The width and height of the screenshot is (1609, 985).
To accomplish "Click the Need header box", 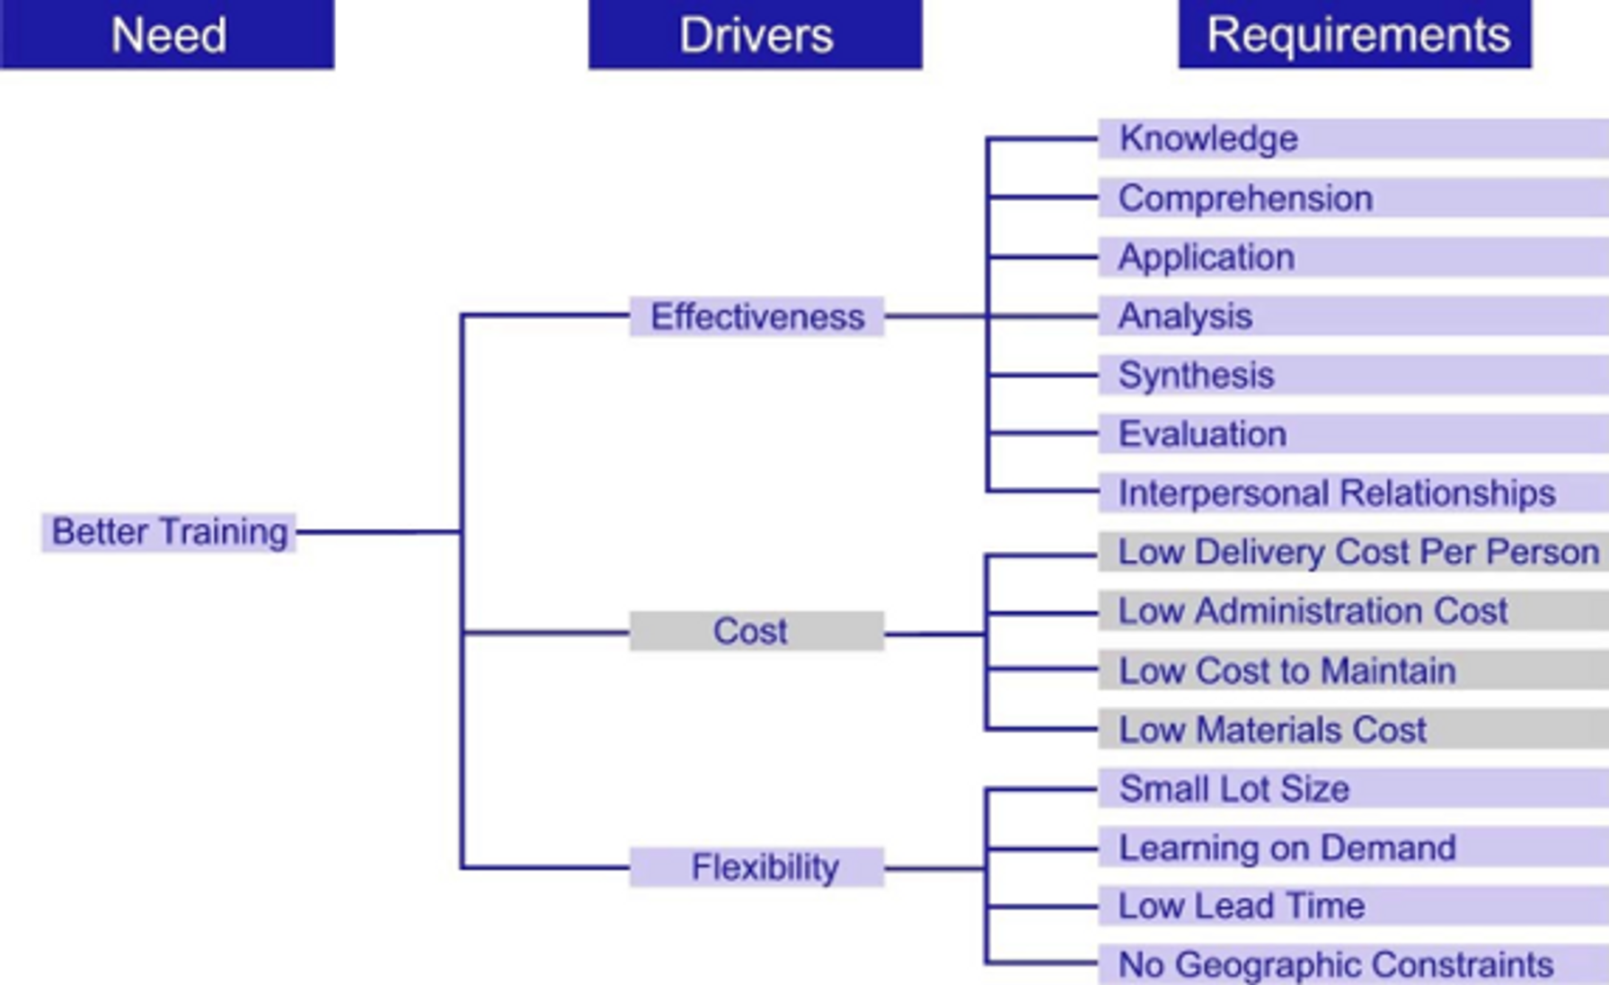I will [167, 34].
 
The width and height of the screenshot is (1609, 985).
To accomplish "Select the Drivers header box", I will [755, 34].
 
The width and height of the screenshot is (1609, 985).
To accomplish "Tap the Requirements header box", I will [1355, 34].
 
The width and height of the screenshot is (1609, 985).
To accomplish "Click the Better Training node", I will [169, 532].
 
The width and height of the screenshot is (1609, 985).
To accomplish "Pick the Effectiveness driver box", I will [756, 316].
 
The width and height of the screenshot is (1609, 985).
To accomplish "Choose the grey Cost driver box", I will [756, 631].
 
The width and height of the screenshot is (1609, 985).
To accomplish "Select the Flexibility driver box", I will [756, 867].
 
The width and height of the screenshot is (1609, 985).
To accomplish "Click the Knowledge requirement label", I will [1208, 138].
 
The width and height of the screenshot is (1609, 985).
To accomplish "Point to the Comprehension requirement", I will [1245, 198].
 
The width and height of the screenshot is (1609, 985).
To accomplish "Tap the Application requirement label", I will [1207, 257].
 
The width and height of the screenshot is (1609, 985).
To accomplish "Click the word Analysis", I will [1185, 316].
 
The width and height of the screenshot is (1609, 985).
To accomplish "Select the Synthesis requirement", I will [1196, 375].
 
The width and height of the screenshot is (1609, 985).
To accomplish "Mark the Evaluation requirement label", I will [1202, 434].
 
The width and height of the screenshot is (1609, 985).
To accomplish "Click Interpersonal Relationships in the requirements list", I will [1337, 493].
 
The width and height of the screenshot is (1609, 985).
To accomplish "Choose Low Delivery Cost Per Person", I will [1357, 552].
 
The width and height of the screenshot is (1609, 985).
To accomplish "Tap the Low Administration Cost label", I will [1313, 611].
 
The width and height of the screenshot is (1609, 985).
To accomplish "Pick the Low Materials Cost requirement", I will [1272, 730].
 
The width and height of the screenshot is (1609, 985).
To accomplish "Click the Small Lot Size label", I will [1233, 789].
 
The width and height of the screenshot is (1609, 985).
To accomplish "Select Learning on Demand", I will [1286, 847].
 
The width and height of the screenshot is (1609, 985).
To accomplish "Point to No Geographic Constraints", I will [1336, 964].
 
